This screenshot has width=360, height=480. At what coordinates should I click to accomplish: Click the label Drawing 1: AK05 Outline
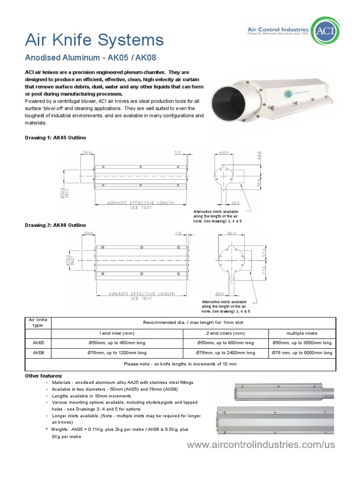pos(55,137)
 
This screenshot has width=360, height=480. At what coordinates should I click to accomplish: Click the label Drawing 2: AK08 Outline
pos(55,225)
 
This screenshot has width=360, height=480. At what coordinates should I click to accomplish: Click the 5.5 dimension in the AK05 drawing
pos(177,153)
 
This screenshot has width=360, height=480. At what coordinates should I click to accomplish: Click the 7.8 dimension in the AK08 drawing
pos(177,233)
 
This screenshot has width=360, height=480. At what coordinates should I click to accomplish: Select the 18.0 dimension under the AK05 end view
pos(235,203)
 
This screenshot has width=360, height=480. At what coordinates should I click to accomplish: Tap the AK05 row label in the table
pos(38,343)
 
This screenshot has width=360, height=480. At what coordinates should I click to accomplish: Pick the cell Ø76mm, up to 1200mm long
pos(117,352)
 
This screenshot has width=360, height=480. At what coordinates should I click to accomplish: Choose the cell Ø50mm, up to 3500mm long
pos(301,343)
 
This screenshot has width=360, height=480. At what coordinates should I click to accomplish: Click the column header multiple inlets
pos(301,333)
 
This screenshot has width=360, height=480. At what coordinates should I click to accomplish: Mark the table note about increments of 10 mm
pos(180,364)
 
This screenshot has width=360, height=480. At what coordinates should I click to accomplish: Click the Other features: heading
pos(43,376)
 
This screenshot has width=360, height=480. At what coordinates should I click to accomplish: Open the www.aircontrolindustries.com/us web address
pos(261,445)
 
